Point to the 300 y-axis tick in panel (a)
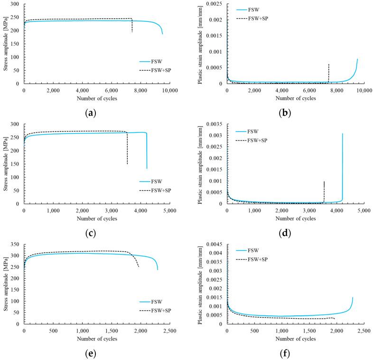click(15, 4)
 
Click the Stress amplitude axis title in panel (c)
click(5, 164)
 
